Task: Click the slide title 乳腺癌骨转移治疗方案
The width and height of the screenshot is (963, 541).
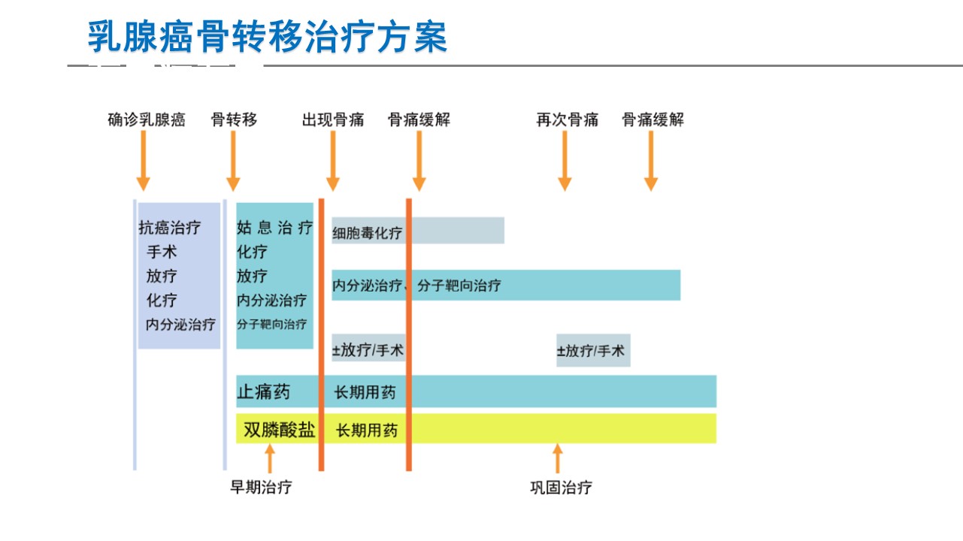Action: click(x=268, y=37)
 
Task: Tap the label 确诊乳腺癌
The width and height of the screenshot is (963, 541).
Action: click(x=147, y=119)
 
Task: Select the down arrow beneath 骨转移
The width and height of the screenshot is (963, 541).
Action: click(x=233, y=161)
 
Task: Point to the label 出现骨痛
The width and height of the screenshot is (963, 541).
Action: click(x=333, y=119)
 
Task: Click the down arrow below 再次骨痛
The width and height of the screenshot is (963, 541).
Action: click(x=565, y=161)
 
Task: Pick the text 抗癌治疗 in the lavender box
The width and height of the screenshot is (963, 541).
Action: click(x=169, y=228)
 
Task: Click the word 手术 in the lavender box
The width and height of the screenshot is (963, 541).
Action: click(x=162, y=252)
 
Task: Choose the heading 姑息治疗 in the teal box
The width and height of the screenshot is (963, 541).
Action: click(x=274, y=228)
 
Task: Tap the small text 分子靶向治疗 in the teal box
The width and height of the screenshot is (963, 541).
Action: click(x=271, y=324)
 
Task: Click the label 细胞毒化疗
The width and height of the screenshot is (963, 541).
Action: click(x=367, y=233)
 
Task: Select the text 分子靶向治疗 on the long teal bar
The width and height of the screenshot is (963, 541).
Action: click(x=459, y=286)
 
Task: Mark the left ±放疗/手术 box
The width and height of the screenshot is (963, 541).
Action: click(x=368, y=348)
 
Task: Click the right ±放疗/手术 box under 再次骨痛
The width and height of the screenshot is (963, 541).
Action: click(x=593, y=350)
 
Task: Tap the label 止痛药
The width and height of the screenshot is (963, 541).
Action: click(x=264, y=392)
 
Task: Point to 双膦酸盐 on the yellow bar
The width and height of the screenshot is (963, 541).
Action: click(x=280, y=429)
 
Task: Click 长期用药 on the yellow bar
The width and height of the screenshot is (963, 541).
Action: click(x=367, y=430)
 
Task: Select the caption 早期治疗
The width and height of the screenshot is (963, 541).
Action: click(x=261, y=487)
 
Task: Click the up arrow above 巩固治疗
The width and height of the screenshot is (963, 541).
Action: click(x=558, y=458)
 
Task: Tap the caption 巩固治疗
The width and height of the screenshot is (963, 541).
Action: click(x=561, y=488)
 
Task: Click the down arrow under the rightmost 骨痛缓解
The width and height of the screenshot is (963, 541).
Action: click(x=651, y=161)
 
